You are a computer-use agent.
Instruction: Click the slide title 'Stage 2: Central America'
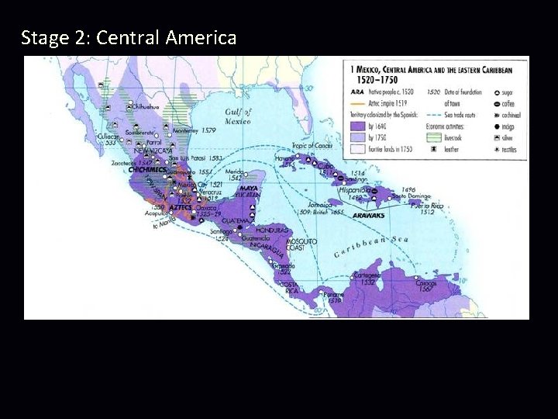point(129,36)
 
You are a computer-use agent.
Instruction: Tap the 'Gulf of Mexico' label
point(237,116)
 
